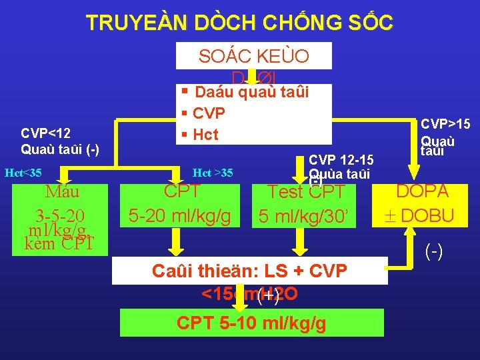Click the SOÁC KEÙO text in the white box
(253, 57)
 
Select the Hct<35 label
(23, 173)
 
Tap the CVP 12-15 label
(341, 160)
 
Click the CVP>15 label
(445, 124)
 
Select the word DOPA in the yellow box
(422, 191)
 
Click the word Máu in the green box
(62, 192)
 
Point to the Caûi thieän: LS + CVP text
(249, 271)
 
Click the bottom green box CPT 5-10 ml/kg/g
(251, 323)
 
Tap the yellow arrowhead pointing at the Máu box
(63, 178)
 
